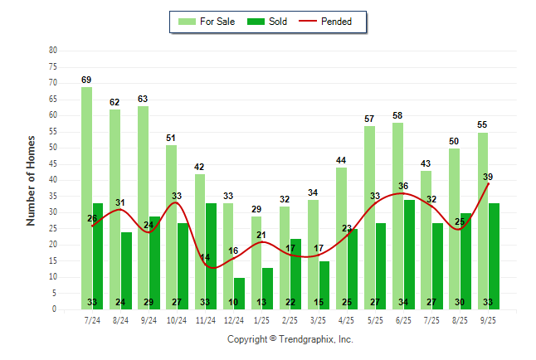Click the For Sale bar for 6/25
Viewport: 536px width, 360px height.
[x=397, y=216]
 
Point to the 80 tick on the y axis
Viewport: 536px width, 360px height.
[x=53, y=50]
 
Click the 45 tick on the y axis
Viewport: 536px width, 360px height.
[x=53, y=163]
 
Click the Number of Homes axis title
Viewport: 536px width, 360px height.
[x=31, y=180]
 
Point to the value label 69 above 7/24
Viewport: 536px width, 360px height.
[x=86, y=80]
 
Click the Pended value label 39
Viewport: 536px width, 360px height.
[x=487, y=177]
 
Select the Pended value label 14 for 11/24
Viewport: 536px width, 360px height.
[x=205, y=257]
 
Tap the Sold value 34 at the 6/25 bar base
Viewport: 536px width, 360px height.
[x=408, y=302]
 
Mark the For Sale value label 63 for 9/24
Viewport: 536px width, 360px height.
[x=143, y=100]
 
